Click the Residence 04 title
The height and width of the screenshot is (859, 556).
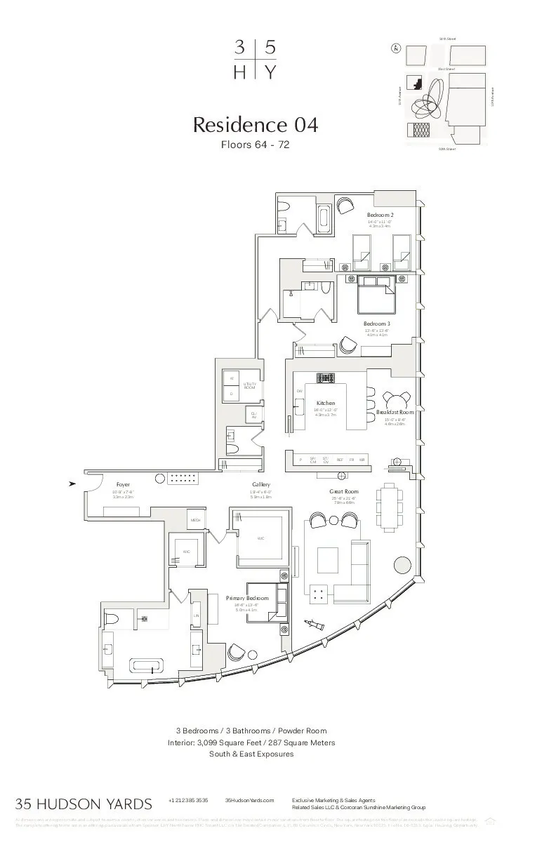pos(256,125)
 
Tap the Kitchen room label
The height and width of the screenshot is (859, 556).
pos(326,404)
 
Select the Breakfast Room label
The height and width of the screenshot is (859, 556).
pos(395,413)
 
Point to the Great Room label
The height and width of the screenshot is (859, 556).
pos(344,492)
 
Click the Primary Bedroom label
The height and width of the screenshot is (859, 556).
pos(247,598)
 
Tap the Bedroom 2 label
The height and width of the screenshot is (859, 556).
pos(380,214)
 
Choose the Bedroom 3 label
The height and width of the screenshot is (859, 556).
pos(377,324)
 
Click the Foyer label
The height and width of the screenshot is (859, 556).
pos(124,485)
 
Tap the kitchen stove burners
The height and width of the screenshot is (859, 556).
pos(326,378)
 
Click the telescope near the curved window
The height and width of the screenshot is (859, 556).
pos(315,625)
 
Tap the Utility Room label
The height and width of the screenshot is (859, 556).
pos(250,385)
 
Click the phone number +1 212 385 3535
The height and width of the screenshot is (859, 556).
pos(188,800)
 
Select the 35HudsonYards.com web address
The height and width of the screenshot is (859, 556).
pos(249,800)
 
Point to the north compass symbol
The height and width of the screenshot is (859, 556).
pos(397,48)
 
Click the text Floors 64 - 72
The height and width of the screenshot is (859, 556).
pos(256,145)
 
